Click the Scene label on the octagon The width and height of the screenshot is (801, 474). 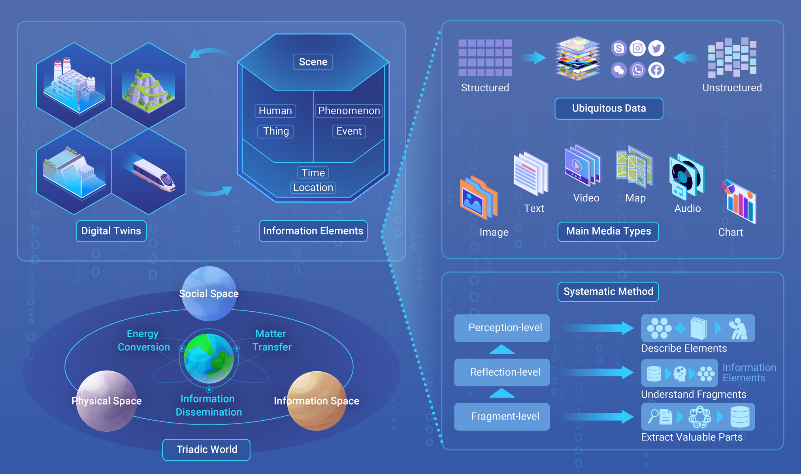(x=313, y=62)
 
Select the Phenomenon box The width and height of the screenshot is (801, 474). (x=349, y=111)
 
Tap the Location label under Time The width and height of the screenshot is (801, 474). (x=313, y=188)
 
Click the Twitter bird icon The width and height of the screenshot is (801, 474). (x=656, y=48)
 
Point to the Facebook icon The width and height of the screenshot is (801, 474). (x=656, y=70)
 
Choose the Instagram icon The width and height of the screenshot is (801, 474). (x=637, y=48)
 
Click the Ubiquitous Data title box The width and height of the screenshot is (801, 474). (x=609, y=109)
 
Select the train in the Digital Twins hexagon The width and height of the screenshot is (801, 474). (x=155, y=175)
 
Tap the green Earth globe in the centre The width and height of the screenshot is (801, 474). (x=209, y=358)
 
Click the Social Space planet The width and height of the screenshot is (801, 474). (x=209, y=293)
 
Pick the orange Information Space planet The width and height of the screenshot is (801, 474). (x=317, y=401)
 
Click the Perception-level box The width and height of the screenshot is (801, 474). (x=502, y=328)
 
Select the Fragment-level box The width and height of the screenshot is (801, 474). (x=502, y=417)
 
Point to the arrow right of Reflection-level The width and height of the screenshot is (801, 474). (x=597, y=372)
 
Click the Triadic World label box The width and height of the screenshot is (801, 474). (x=206, y=450)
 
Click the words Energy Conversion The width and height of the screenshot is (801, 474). (x=143, y=340)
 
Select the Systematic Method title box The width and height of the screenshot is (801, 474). (x=608, y=292)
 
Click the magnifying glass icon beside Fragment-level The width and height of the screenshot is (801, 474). (x=654, y=416)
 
